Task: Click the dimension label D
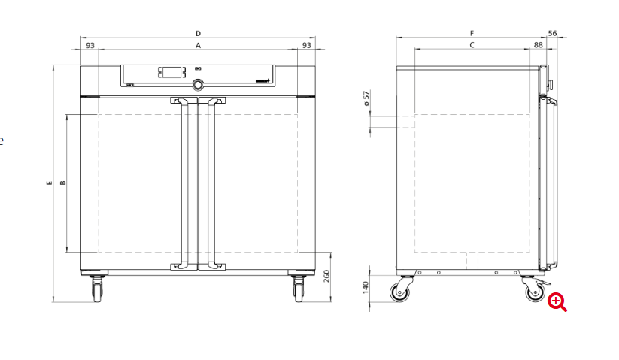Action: click(198, 34)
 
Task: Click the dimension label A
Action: click(198, 46)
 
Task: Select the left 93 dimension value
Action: click(90, 45)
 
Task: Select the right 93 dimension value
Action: click(307, 45)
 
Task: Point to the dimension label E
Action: click(50, 183)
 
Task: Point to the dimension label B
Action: click(62, 183)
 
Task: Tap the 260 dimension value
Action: click(326, 276)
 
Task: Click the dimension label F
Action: click(472, 34)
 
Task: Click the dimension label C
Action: click(472, 45)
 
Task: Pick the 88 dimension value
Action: click(539, 45)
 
